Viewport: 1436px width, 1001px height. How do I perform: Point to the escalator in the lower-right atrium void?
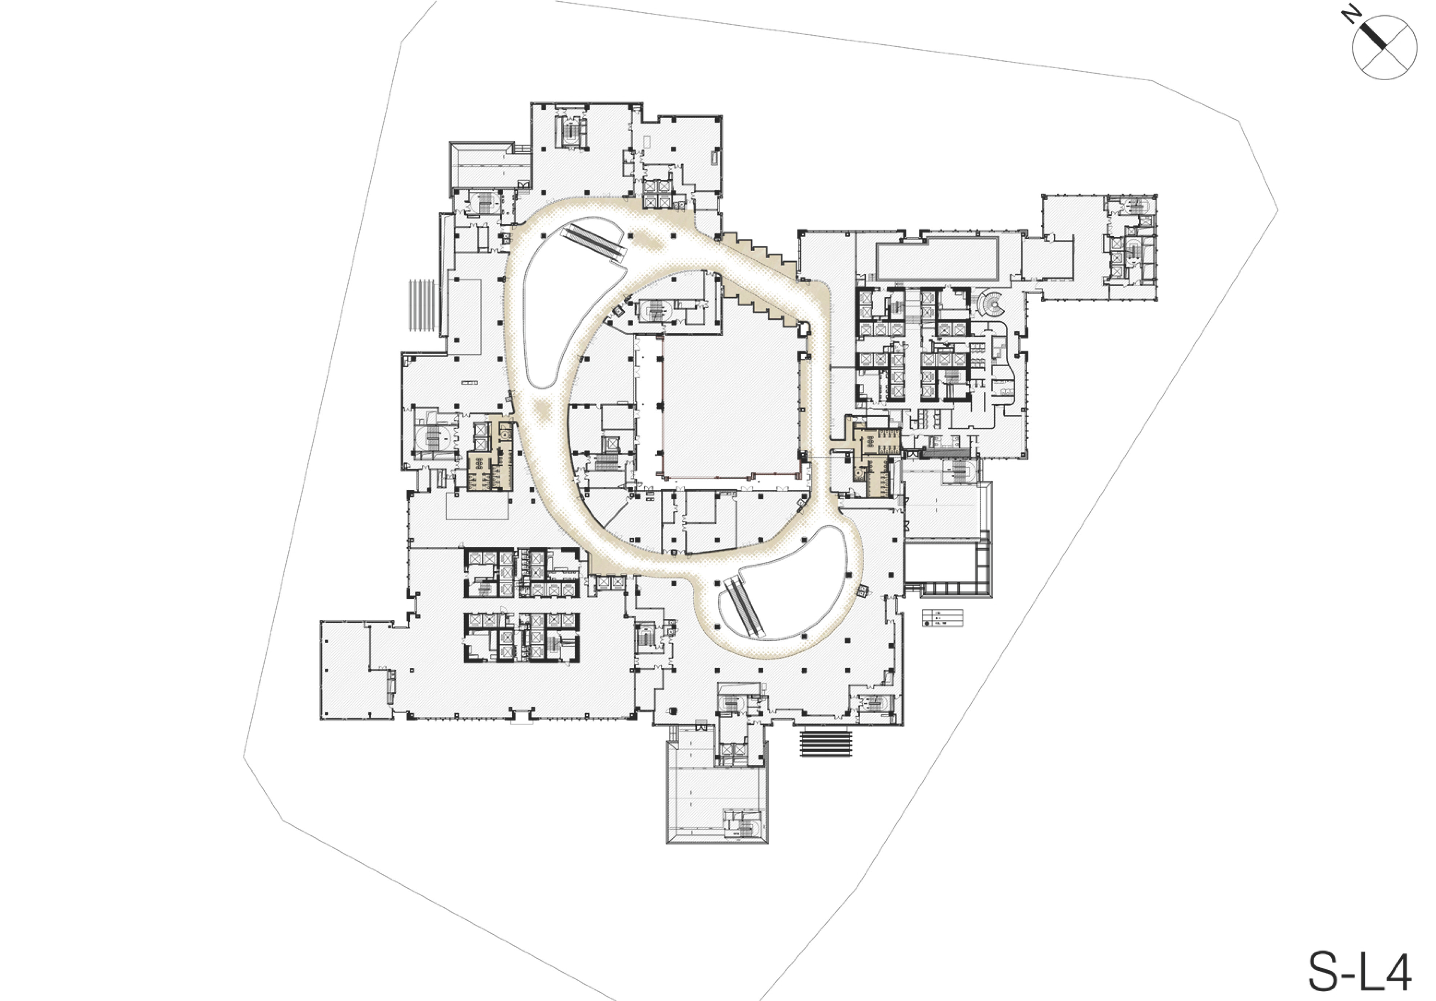tap(745, 607)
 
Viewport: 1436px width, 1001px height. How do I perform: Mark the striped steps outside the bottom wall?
tap(826, 743)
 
